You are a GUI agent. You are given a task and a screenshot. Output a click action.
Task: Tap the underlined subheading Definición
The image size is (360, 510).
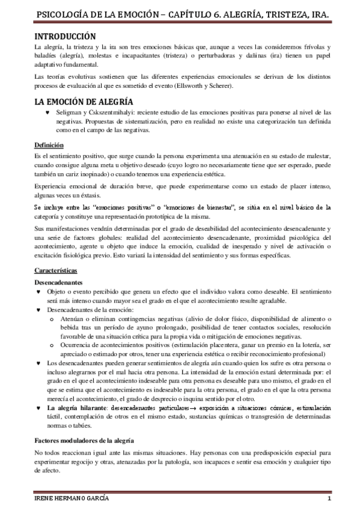coord(49,146)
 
